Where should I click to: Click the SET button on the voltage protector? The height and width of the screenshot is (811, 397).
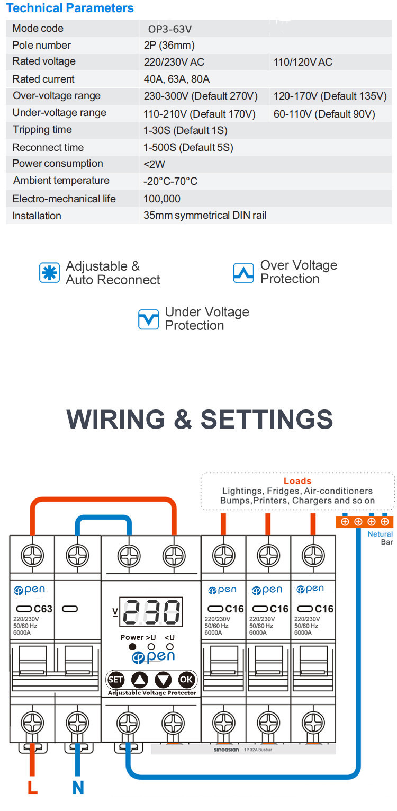click(115, 680)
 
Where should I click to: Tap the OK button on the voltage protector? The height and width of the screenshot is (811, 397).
click(186, 680)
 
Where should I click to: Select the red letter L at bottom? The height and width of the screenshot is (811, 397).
click(32, 788)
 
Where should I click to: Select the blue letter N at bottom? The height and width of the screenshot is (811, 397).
click(78, 788)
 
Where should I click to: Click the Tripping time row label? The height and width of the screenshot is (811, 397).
click(42, 130)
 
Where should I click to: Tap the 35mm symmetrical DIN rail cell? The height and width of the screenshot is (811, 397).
click(205, 216)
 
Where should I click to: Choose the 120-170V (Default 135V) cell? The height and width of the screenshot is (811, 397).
click(330, 96)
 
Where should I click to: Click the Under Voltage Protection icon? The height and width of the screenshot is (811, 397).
click(148, 319)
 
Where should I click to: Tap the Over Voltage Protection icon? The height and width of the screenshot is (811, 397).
click(243, 273)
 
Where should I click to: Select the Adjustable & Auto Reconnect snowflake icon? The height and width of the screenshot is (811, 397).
click(50, 273)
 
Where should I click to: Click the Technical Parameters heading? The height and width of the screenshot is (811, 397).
click(70, 8)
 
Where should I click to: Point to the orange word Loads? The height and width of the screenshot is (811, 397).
click(297, 481)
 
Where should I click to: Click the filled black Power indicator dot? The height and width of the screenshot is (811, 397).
click(132, 647)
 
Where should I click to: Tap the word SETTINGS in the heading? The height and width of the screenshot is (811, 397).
click(267, 420)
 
